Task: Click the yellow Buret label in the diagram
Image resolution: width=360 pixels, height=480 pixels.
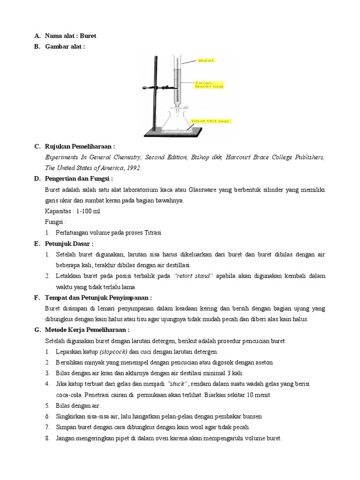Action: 206,60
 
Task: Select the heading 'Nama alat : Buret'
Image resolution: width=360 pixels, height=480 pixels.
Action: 70,36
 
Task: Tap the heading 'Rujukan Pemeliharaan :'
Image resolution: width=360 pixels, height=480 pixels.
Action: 80,147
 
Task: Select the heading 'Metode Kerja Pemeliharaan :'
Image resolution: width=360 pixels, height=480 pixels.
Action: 87,330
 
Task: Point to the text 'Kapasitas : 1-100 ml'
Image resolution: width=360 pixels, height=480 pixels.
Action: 73,211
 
